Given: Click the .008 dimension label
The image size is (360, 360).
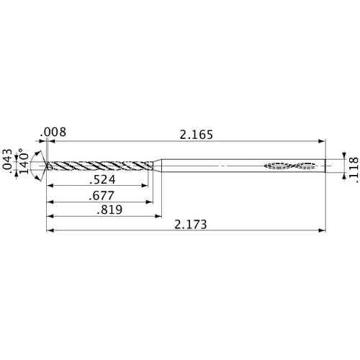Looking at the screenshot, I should click(55, 132).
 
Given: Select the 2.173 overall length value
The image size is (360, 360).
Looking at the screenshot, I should click(192, 225).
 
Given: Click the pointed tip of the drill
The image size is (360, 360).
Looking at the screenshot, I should click(46, 166).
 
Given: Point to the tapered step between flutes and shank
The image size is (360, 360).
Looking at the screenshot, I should click(157, 166).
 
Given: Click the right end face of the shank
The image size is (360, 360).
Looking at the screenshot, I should click(323, 166).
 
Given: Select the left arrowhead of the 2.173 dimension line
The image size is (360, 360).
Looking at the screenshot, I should click(49, 231).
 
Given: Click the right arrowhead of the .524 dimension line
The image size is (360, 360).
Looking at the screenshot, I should click(145, 186).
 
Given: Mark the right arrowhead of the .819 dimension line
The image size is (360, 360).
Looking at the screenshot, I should click(158, 216).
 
